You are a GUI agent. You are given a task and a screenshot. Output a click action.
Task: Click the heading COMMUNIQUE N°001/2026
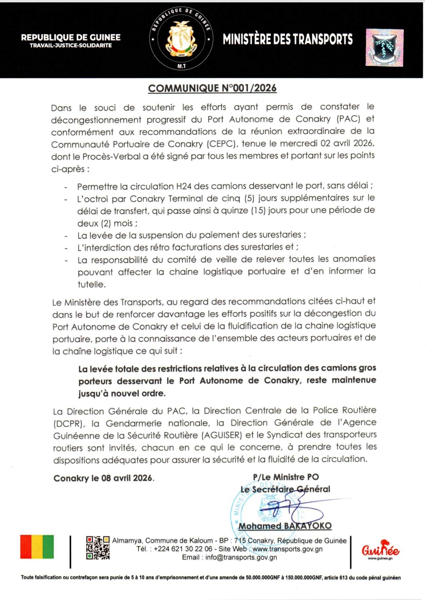[x=212, y=88]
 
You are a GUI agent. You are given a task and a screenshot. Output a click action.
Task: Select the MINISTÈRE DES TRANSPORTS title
[x=288, y=39]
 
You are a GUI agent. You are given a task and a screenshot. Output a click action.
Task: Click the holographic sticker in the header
[x=384, y=48]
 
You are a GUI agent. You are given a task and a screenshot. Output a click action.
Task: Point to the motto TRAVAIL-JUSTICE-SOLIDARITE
[x=71, y=46]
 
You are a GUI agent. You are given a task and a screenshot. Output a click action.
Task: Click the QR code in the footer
[x=98, y=548]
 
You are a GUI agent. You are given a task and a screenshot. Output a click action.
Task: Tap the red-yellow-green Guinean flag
[x=37, y=547]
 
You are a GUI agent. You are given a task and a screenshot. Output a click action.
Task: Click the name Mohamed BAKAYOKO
[x=285, y=526]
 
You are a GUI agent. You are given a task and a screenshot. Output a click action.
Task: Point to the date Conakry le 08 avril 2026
[x=104, y=478]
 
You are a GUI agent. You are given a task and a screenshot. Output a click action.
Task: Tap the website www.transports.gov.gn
[x=287, y=549]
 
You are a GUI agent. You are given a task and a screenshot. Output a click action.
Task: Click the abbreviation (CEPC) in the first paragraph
[x=220, y=144]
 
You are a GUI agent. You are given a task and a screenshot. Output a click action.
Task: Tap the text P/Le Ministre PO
[x=286, y=477]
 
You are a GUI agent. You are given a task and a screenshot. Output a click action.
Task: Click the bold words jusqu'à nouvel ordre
[x=122, y=393]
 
